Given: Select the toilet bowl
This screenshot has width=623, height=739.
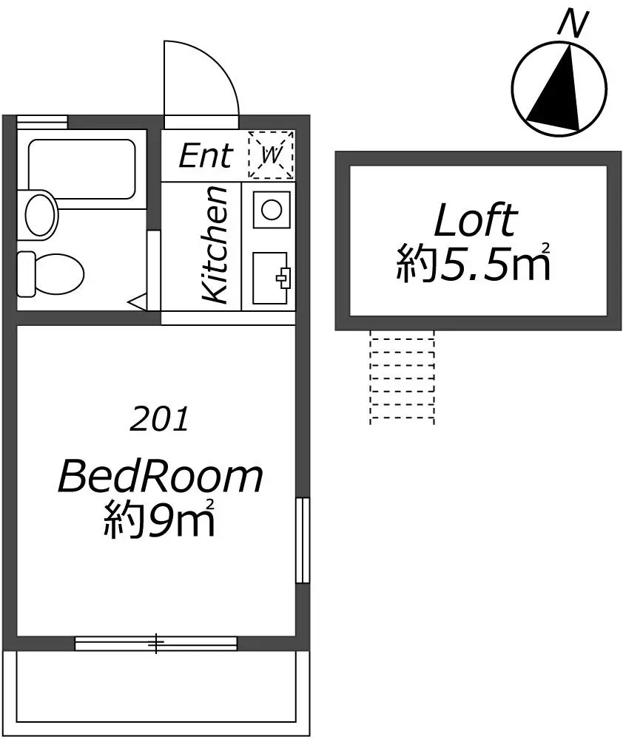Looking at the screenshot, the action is pyautogui.click(x=50, y=274).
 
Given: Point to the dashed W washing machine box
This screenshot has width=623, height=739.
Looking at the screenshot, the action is pyautogui.click(x=272, y=155).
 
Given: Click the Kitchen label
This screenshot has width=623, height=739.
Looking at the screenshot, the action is pyautogui.click(x=215, y=244).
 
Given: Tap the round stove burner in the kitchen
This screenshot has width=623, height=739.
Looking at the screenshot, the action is pyautogui.click(x=272, y=210).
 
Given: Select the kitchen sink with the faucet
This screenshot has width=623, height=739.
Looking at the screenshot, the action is pyautogui.click(x=271, y=278).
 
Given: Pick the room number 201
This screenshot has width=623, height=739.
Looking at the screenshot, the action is pyautogui.click(x=159, y=419).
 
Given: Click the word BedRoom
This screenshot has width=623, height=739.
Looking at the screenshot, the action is pyautogui.click(x=160, y=477).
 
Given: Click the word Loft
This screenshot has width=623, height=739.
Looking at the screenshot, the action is pyautogui.click(x=475, y=220).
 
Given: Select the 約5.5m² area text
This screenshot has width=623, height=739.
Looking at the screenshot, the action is pyautogui.click(x=473, y=262).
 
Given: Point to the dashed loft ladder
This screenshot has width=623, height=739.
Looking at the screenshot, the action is pyautogui.click(x=402, y=377).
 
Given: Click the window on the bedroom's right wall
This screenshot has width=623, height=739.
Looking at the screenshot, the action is pyautogui.click(x=303, y=540).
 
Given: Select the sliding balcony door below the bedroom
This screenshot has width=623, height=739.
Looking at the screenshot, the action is pyautogui.click(x=155, y=644).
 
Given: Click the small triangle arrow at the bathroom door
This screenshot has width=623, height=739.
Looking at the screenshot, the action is pyautogui.click(x=138, y=302).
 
